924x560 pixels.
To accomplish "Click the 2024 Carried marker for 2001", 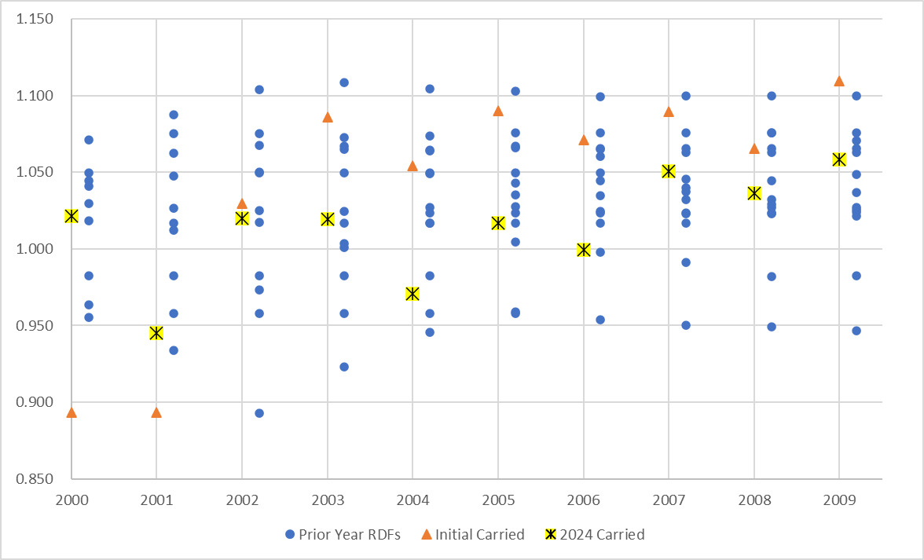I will (x=156, y=333).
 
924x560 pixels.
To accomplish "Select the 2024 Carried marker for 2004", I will (x=412, y=294).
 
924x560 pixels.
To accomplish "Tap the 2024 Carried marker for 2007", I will (x=669, y=171).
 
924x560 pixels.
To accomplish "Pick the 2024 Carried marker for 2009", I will (x=839, y=159).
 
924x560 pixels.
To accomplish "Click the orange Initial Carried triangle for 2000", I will (x=71, y=413).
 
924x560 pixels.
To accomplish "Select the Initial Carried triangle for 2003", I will (x=328, y=118).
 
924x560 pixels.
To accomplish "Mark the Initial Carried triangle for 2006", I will (x=584, y=141).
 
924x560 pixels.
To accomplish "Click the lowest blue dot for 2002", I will (x=259, y=413).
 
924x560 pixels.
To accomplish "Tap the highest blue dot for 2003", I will (x=344, y=82).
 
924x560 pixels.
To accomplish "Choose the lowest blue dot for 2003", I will (x=344, y=367).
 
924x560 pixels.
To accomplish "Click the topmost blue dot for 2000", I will (x=89, y=140).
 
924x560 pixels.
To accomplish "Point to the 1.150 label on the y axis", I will (x=35, y=19).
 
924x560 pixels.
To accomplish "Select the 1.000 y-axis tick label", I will (x=35, y=249).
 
